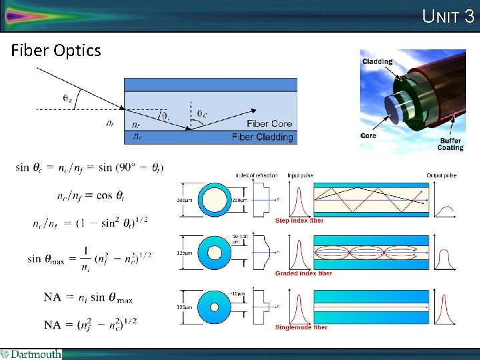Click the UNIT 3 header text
(448, 16)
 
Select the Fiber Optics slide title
(56, 51)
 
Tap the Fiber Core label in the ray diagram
(270, 124)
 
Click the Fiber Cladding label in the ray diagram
(262, 137)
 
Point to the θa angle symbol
(68, 98)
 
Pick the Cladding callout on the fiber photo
(377, 62)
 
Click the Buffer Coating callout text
(450, 144)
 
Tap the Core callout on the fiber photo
(369, 135)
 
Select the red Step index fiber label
(299, 221)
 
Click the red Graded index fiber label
(303, 273)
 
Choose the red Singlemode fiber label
(301, 327)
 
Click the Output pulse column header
(442, 175)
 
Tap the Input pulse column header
(300, 175)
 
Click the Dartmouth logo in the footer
(31, 354)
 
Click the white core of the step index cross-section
(215, 199)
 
